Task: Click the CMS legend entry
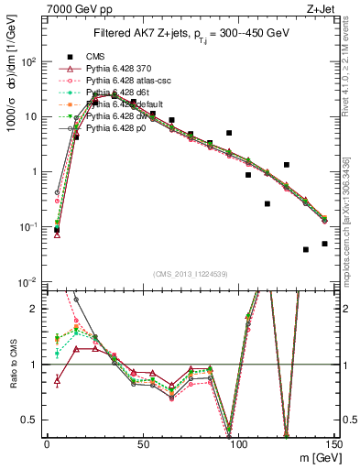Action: click(95, 57)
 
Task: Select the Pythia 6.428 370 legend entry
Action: click(120, 69)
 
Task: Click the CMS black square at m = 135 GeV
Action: click(306, 249)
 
